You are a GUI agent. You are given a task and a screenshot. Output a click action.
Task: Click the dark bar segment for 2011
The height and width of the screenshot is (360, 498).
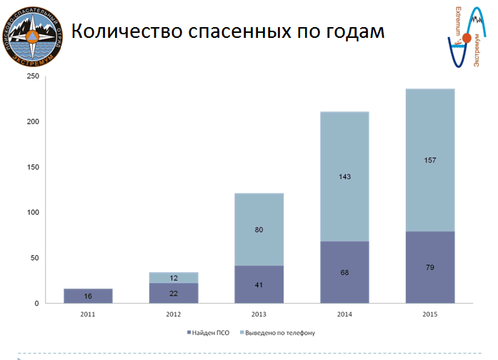tap(88, 296)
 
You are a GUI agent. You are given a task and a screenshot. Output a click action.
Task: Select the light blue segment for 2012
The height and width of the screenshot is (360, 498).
tap(174, 278)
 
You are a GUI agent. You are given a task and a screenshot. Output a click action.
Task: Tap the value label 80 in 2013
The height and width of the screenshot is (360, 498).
tap(259, 230)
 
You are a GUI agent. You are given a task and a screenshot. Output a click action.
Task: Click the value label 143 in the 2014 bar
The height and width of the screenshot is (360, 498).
tap(344, 176)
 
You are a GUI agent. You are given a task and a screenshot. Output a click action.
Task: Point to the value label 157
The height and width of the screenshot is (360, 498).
tap(430, 160)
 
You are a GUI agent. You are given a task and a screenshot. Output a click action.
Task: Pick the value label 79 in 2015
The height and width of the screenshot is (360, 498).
tap(430, 268)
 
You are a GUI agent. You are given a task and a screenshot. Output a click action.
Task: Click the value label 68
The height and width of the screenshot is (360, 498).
tap(344, 273)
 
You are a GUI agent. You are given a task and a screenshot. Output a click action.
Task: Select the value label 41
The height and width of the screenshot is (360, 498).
tap(259, 285)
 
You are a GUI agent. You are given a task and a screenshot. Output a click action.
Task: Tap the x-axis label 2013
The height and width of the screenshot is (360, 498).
tap(259, 313)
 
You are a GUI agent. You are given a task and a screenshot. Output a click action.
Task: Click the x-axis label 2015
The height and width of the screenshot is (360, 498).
tap(430, 313)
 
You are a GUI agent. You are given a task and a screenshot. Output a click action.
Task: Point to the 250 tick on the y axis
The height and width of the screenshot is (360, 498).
tap(33, 76)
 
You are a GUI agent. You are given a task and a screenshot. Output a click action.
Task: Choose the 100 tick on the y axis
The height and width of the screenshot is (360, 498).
tap(33, 213)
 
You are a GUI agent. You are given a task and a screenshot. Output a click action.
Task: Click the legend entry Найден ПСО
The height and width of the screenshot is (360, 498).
tap(210, 333)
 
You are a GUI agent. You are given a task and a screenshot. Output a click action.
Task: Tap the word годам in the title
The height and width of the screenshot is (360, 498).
tap(351, 33)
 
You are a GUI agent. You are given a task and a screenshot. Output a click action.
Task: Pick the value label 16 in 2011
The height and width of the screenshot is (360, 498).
tap(88, 296)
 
